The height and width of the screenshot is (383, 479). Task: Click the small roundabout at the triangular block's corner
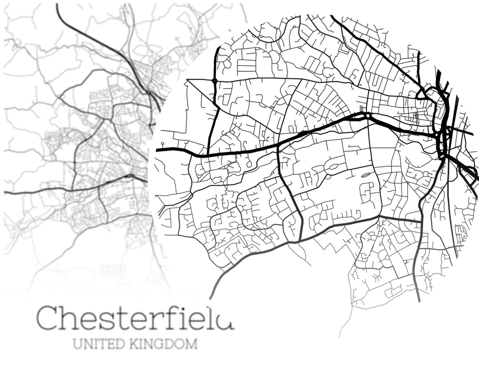tap(214, 81)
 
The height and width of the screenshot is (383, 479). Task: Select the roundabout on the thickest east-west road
tap(367, 115)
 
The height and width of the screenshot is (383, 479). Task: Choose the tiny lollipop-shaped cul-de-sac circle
tap(163, 144)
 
